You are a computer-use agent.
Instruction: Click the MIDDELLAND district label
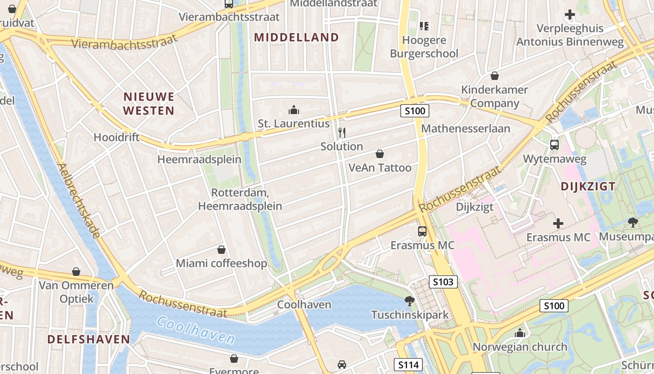point(297,37)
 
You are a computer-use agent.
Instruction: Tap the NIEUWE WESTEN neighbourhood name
point(149,104)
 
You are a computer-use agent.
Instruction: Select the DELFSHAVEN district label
point(89,339)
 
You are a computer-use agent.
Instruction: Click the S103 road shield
point(443,282)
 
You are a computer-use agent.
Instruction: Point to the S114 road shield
point(408,365)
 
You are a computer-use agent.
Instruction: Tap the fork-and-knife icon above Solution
point(341,132)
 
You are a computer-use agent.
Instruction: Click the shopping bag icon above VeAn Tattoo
point(380,154)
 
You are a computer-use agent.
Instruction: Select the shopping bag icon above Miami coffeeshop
point(221,250)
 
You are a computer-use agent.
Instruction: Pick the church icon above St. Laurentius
point(294,110)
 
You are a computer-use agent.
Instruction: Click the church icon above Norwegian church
point(519,333)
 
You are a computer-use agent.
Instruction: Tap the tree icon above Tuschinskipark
point(410,301)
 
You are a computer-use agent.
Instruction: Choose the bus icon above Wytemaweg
point(554,145)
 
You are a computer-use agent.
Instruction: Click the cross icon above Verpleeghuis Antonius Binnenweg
point(569,14)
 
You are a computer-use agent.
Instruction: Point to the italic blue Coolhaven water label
point(196,330)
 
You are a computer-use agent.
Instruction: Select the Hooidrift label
point(117,137)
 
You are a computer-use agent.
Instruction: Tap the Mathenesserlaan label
point(465,128)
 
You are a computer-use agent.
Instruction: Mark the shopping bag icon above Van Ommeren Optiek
point(76,272)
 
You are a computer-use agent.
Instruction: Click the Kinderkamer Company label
point(494,96)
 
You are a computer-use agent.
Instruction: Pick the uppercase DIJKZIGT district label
point(588,186)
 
